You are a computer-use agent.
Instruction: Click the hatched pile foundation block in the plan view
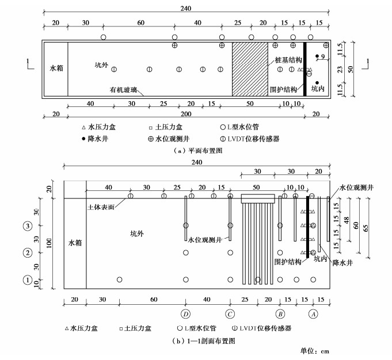tap(250, 69)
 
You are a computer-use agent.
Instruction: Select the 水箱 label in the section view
tap(75, 243)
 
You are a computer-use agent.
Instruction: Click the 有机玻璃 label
tap(124, 90)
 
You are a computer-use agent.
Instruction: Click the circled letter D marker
tap(185, 314)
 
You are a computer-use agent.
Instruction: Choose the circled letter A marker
tap(313, 314)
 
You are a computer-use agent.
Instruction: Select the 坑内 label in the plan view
tap(318, 89)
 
